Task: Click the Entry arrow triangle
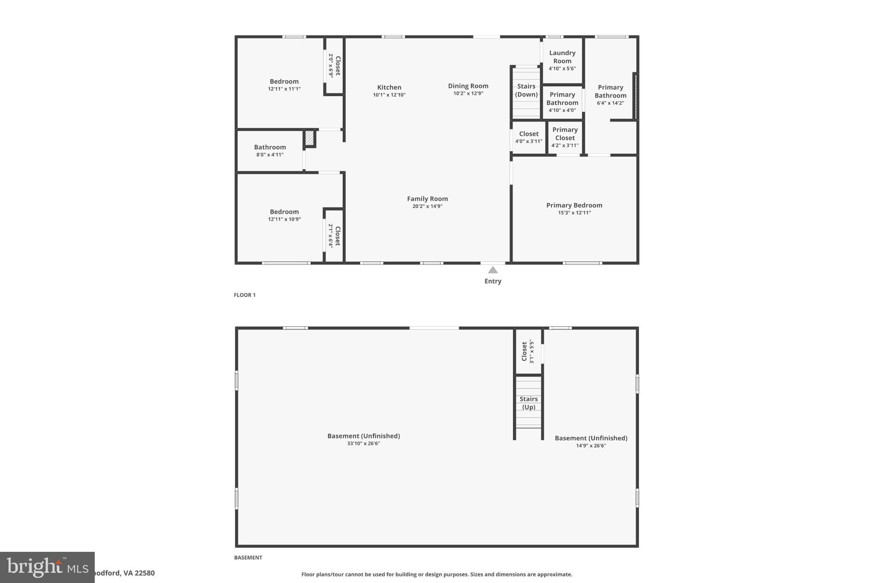(492, 270)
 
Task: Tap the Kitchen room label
(389, 88)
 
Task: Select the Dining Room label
(468, 86)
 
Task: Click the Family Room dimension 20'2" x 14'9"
(427, 206)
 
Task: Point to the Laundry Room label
(562, 57)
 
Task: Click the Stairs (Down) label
(526, 90)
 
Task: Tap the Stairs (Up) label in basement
(528, 403)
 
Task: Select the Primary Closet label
(565, 134)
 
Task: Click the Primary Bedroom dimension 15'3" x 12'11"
(574, 213)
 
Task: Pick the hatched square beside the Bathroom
(310, 138)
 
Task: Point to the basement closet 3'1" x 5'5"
(527, 352)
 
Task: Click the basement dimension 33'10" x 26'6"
(363, 443)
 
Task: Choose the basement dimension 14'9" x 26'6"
(591, 445)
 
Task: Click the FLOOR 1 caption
(245, 295)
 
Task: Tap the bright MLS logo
(47, 567)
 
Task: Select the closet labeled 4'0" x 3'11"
(528, 137)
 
